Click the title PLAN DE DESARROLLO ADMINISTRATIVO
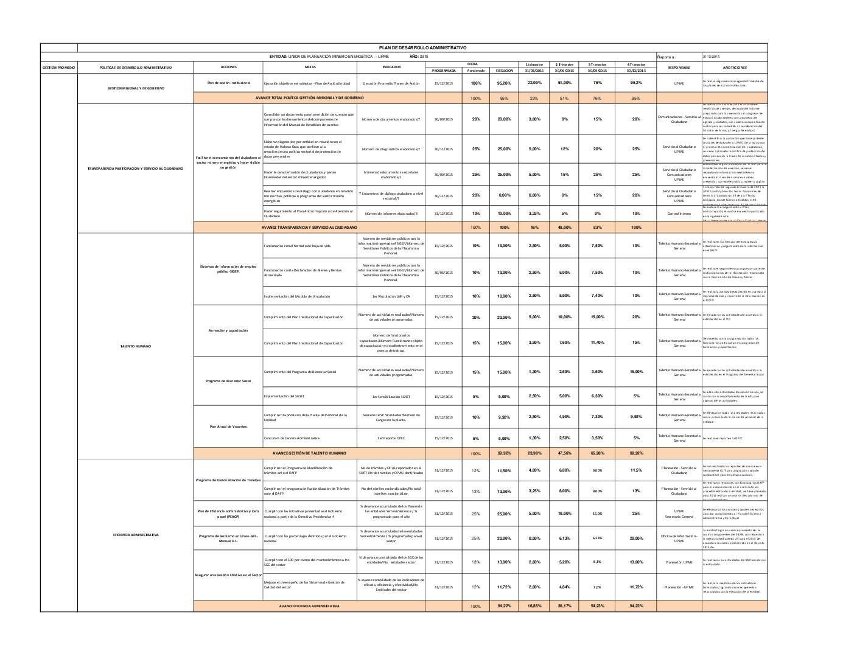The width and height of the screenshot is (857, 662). (422, 47)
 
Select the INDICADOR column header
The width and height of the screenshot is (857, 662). (391, 66)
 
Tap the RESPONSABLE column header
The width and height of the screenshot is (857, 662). (679, 68)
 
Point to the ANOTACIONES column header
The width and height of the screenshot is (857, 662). (735, 68)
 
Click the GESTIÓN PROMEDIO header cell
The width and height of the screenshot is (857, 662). (58, 68)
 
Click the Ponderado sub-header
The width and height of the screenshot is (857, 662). (476, 71)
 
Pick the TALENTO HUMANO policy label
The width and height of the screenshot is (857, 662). (135, 346)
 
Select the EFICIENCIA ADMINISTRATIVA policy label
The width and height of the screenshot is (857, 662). (135, 535)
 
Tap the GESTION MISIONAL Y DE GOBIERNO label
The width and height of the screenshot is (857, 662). (135, 88)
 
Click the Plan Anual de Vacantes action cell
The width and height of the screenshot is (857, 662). (228, 427)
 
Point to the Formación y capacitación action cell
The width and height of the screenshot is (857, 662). (228, 330)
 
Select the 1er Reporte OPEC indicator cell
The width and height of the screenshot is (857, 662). (391, 438)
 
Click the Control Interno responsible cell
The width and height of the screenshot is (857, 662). (679, 214)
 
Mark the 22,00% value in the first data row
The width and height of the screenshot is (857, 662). (534, 83)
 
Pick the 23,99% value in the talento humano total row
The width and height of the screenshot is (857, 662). (534, 453)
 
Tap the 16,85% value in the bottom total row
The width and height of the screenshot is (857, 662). (534, 606)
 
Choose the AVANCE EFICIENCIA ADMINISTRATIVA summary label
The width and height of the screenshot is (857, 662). (309, 606)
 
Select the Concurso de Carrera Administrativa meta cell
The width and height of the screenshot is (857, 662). (292, 438)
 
